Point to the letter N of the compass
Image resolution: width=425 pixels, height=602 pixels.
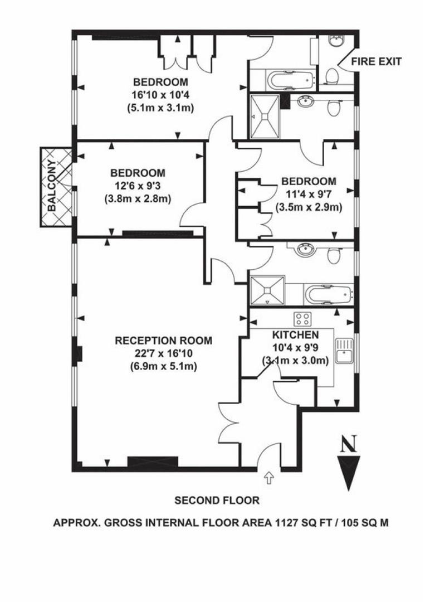[x=349, y=444]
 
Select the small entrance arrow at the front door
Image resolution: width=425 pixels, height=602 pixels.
[x=269, y=477]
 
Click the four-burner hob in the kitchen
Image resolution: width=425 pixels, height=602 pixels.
[x=303, y=319]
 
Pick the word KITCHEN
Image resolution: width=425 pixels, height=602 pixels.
[x=295, y=335]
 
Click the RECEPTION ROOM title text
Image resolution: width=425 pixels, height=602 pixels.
[x=163, y=341]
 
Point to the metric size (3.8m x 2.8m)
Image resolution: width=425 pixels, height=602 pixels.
[x=137, y=198]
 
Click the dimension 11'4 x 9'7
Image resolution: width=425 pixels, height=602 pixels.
[x=308, y=194]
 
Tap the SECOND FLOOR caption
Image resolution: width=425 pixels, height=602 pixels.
[x=217, y=500]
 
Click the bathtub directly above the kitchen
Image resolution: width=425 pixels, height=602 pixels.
[x=328, y=293]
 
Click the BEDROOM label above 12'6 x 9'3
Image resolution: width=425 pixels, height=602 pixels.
[x=138, y=172]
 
